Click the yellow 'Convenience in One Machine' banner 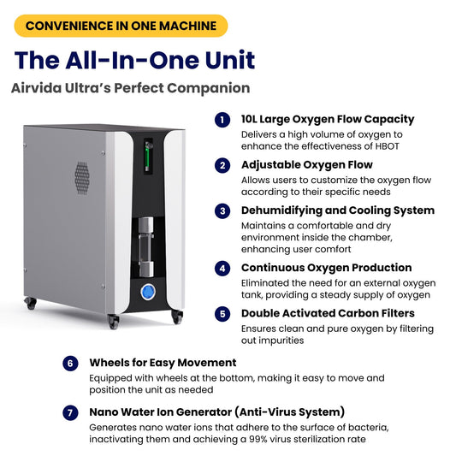pyautogui.click(x=121, y=26)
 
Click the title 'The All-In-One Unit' pyautogui.click(x=133, y=60)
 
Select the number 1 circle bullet pyautogui.click(x=222, y=120)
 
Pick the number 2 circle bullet pyautogui.click(x=222, y=165)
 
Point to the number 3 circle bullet pyautogui.click(x=222, y=210)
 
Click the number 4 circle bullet pyautogui.click(x=222, y=268)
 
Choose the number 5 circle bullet pyautogui.click(x=222, y=313)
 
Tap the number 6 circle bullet pyautogui.click(x=70, y=363)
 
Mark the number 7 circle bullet pyautogui.click(x=70, y=412)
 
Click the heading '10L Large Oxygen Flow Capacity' pyautogui.click(x=328, y=120)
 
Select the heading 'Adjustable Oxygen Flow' pyautogui.click(x=306, y=165)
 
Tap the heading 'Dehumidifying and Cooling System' pyautogui.click(x=337, y=210)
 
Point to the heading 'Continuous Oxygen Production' pyautogui.click(x=326, y=268)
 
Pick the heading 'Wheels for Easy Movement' pyautogui.click(x=163, y=363)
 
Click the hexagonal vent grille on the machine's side pyautogui.click(x=82, y=176)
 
